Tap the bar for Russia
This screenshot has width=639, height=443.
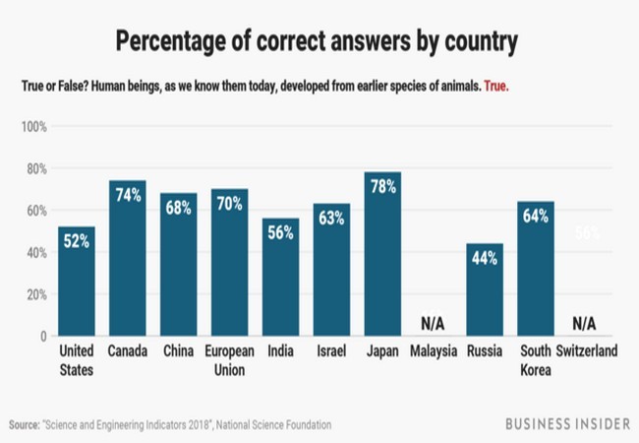tap(485, 289)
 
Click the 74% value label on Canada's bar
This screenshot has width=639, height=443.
tap(128, 195)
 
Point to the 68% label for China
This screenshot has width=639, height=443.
tap(178, 208)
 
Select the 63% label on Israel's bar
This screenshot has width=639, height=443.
tap(331, 219)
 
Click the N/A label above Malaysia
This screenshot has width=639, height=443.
tap(434, 323)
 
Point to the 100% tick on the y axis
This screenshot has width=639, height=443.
tap(34, 127)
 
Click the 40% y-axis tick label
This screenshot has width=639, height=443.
tap(36, 253)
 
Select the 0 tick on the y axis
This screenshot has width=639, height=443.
tap(43, 337)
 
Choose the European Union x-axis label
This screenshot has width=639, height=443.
tap(229, 360)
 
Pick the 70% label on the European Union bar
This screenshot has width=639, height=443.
tap(229, 204)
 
